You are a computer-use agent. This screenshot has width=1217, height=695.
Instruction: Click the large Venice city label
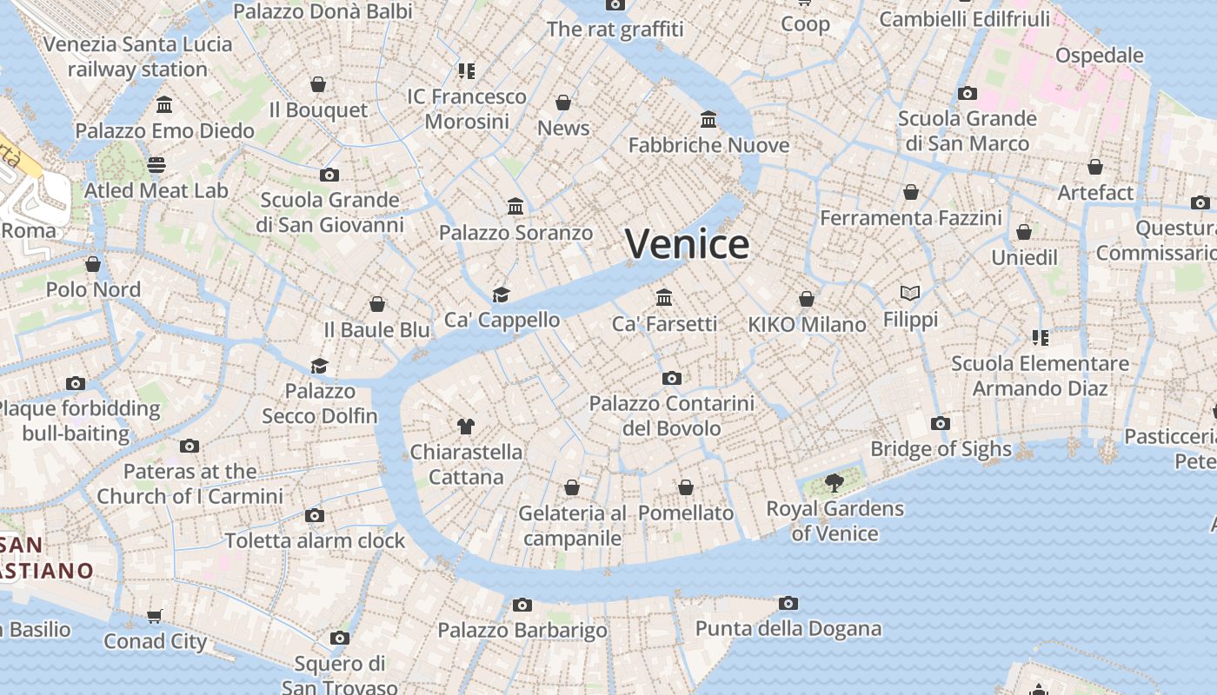[x=687, y=244]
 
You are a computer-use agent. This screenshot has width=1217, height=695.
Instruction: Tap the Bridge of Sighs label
[x=941, y=448]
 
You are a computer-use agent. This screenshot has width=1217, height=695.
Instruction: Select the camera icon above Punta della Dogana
[x=788, y=603]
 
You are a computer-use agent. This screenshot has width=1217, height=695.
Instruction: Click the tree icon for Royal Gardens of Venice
[x=834, y=482]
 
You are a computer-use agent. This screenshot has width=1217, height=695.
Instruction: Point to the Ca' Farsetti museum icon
[x=665, y=297]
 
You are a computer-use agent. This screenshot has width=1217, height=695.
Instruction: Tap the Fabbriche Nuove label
[x=708, y=144]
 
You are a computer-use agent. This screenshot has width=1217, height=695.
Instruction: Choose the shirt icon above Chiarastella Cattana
[x=466, y=426]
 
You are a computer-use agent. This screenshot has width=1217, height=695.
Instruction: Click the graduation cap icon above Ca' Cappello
[x=501, y=295]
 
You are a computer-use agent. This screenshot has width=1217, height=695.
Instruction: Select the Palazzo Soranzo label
[x=515, y=232]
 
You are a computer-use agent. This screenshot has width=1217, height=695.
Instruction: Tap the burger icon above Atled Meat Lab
[x=156, y=164]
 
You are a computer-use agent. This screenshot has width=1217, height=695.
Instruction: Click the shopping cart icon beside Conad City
[x=155, y=616]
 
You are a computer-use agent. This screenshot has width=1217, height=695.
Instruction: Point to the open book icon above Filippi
[x=910, y=294]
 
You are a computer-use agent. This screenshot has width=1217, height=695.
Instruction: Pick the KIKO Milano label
[x=807, y=324]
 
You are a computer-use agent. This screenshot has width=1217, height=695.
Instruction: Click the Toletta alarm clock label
[x=315, y=540]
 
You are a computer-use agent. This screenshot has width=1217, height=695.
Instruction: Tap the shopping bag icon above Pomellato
[x=686, y=487]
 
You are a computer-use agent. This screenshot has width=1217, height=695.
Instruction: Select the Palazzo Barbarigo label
[x=522, y=630]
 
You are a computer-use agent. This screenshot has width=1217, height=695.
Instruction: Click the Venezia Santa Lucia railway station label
[x=137, y=56]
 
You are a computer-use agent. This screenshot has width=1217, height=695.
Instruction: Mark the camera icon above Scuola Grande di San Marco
[x=967, y=93]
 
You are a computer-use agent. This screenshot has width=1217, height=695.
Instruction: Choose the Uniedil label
[x=1024, y=257]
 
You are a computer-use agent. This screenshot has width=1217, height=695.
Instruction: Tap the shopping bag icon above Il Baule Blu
[x=377, y=304]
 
